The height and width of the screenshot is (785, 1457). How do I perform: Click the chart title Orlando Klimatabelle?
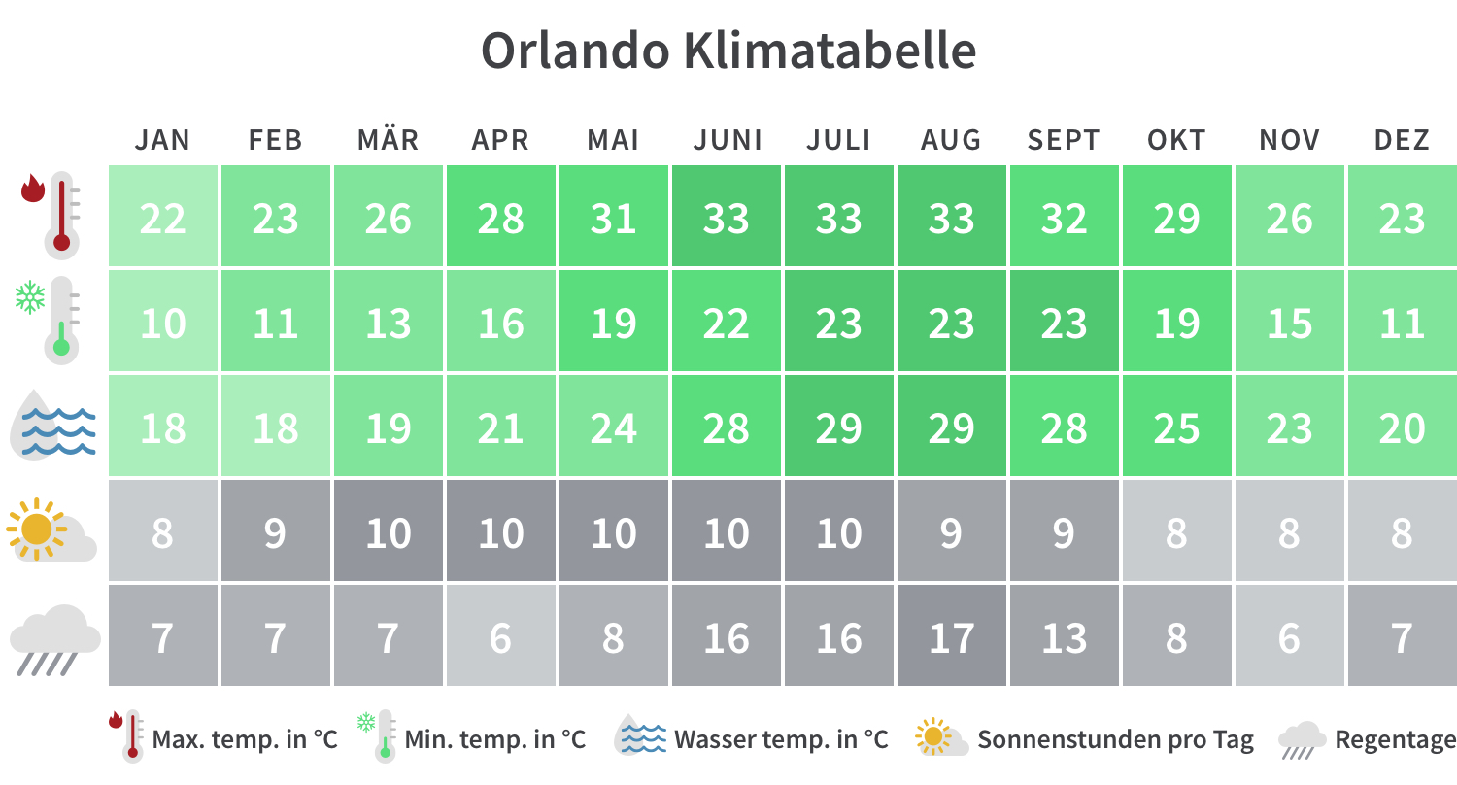728,51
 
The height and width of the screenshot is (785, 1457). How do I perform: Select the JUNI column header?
728,140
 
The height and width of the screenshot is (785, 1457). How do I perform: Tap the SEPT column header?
1064,140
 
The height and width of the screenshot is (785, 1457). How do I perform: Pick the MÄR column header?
389,140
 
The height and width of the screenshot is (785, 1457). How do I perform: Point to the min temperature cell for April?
501,322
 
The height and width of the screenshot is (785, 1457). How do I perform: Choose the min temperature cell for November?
1290,322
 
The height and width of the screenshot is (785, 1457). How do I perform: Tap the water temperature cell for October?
1177,427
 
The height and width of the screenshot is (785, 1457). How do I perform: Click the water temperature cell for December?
1402,427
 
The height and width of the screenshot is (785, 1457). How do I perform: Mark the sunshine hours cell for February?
276,531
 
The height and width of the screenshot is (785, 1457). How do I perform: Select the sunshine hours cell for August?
952,531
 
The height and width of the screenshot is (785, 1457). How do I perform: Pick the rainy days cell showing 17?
952,636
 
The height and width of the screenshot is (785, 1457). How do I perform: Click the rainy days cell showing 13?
1065,636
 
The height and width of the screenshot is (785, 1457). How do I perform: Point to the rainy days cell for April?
501,636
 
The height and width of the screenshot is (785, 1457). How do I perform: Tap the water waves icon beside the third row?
55,426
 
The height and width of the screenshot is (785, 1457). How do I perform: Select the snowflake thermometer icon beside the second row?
49,318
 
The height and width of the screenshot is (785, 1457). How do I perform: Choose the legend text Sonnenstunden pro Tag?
1115,740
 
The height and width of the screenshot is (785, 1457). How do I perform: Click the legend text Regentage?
1395,740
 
